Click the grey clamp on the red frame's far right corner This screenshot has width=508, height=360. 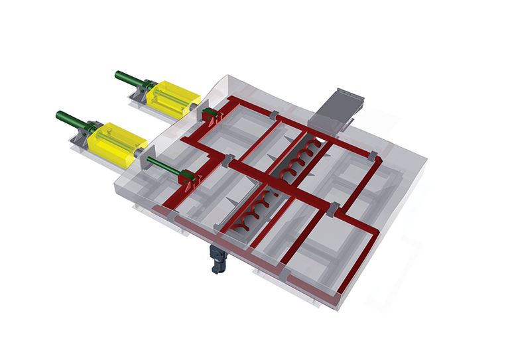(x=372, y=156)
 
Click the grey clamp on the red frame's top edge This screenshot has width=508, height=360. (x=275, y=114)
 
